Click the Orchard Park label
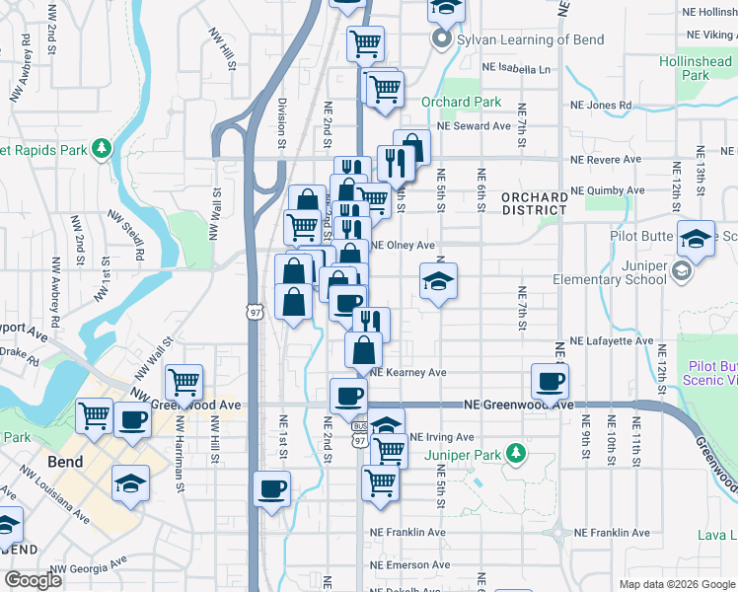[x=462, y=102]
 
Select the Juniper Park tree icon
[x=513, y=454]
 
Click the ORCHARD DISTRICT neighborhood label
[x=535, y=203]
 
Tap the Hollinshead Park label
[x=697, y=68]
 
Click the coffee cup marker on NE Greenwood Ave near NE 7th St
[x=550, y=380]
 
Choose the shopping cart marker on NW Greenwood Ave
[x=184, y=381]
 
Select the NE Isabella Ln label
[x=516, y=69]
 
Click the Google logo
[x=33, y=580]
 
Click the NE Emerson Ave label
[x=409, y=564]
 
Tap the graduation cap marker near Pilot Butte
[x=696, y=238]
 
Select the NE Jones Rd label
[x=599, y=105]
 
